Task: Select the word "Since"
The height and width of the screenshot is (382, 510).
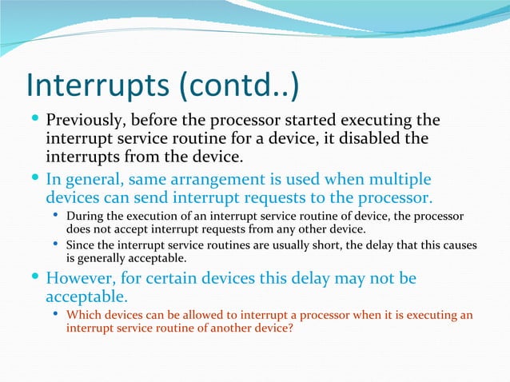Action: point(81,245)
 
